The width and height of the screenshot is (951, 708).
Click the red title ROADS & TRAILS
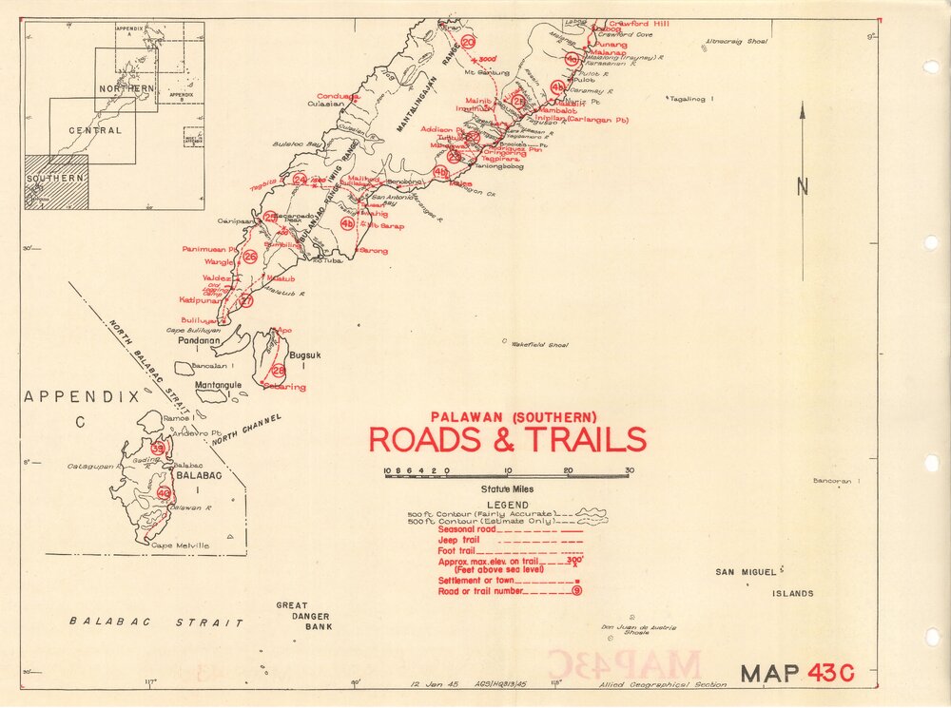click(507, 440)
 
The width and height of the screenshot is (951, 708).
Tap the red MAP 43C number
click(831, 673)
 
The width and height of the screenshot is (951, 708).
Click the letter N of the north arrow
click(803, 187)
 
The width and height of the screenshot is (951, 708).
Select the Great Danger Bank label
click(304, 616)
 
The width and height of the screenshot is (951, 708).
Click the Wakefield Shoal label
click(539, 344)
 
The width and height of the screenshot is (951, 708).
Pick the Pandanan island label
click(200, 340)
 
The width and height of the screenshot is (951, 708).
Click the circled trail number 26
click(250, 257)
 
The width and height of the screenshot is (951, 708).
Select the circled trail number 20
click(468, 42)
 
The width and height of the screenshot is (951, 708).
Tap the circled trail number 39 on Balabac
click(158, 449)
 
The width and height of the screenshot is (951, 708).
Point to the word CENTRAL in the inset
click(94, 130)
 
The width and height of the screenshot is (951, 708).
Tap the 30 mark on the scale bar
click(629, 470)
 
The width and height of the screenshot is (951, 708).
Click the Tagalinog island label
click(693, 99)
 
